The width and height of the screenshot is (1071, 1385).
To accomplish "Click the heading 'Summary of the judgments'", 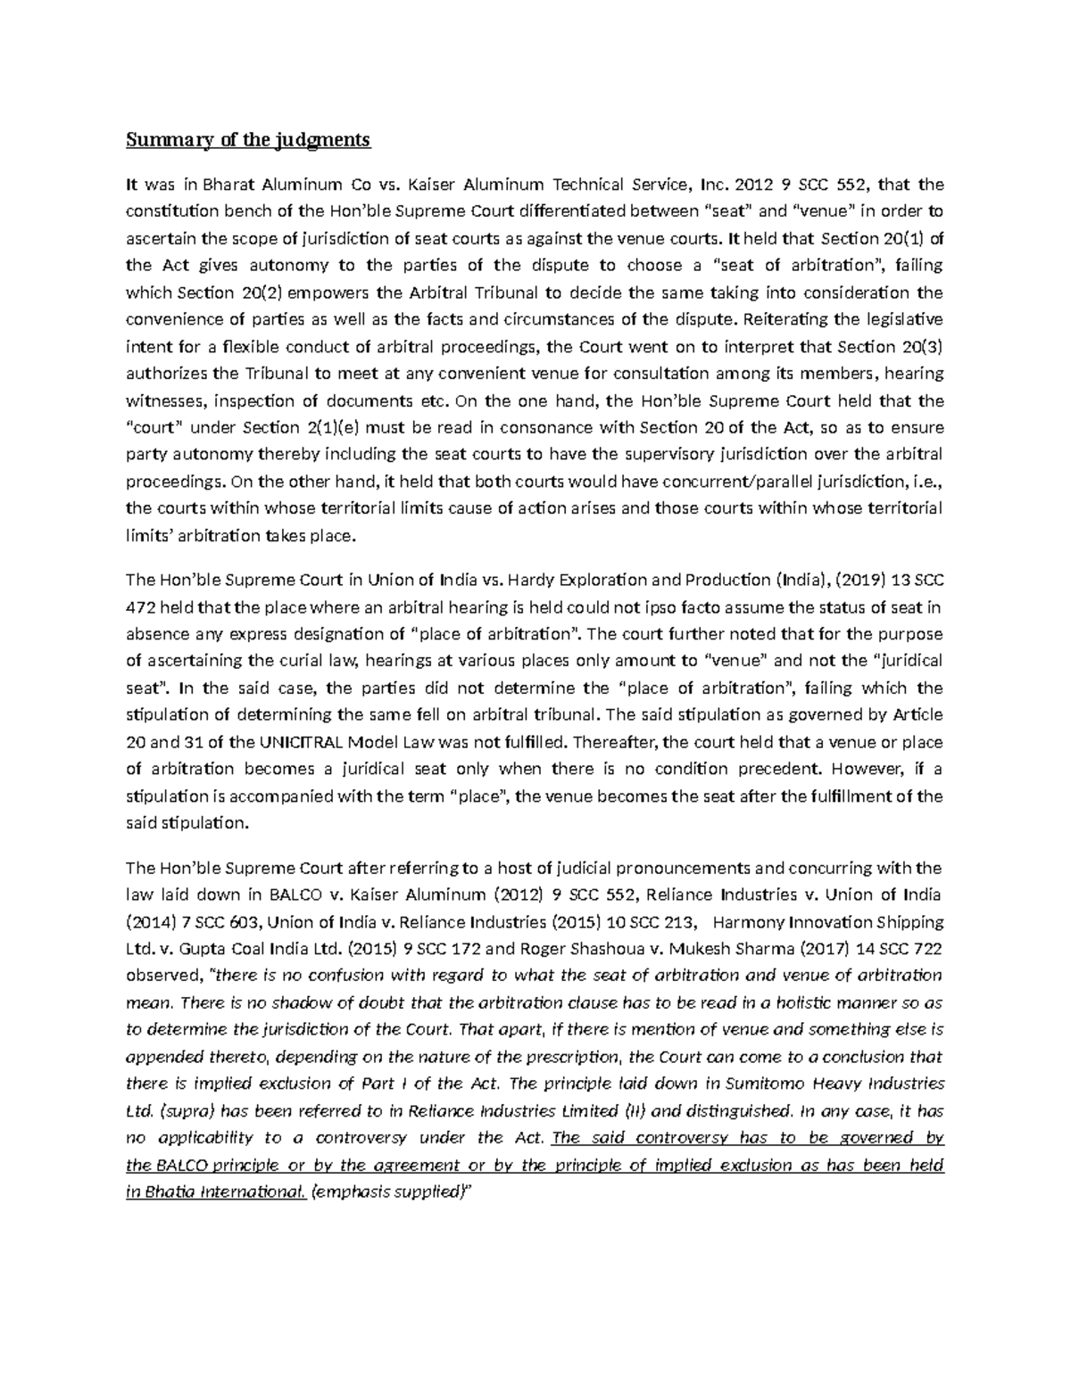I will coord(247,140).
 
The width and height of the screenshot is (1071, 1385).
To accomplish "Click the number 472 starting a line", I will coord(139,607).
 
